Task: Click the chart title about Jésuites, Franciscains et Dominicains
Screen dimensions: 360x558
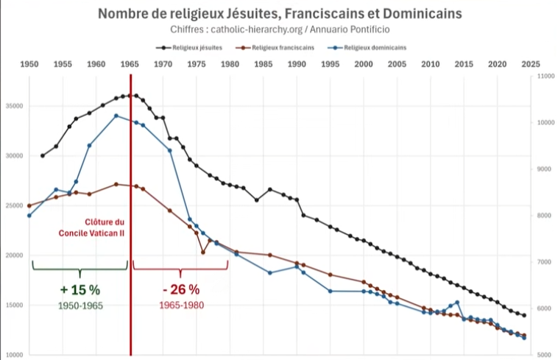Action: pos(278,14)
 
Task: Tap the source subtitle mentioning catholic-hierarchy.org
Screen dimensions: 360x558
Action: pos(278,29)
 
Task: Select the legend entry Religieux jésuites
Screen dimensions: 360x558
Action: pos(187,46)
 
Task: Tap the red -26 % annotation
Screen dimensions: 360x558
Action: pos(181,289)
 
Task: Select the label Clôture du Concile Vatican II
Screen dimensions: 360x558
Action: pos(93,227)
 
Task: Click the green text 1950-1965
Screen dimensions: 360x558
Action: pos(80,305)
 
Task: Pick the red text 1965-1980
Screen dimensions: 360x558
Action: pos(181,305)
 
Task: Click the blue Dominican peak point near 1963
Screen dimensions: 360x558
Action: pos(116,116)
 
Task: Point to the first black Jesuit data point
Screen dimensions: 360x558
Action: pos(43,155)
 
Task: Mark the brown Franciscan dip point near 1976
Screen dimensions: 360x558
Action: pos(203,253)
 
